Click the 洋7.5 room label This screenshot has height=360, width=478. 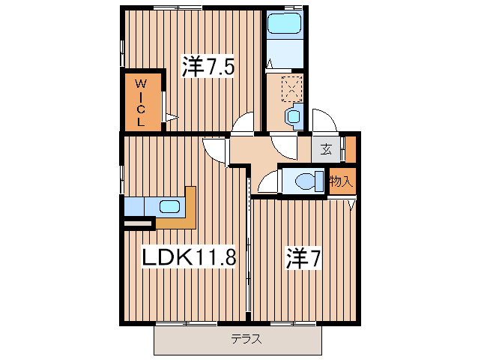(208, 67)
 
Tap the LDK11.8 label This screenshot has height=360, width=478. (190, 258)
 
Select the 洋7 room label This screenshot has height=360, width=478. (302, 258)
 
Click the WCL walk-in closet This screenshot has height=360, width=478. (142, 102)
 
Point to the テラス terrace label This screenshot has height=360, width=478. (246, 339)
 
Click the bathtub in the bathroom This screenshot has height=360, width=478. (284, 25)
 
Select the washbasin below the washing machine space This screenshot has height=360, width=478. (292, 116)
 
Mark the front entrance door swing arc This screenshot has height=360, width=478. (323, 121)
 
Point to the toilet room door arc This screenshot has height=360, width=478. (267, 182)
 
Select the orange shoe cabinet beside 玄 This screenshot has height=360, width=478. (351, 149)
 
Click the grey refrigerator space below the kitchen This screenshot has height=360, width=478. (139, 223)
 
